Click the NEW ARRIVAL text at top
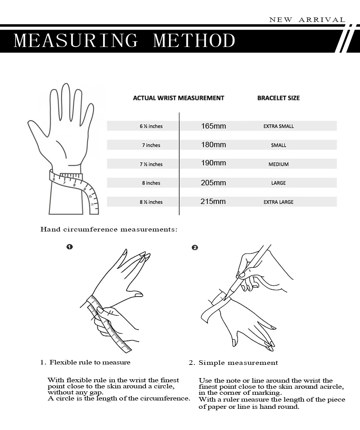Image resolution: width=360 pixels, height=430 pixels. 307,20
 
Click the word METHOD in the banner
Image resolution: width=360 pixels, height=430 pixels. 194,41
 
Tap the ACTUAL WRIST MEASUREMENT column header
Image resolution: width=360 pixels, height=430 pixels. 178,98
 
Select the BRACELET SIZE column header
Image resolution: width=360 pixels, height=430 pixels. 278,98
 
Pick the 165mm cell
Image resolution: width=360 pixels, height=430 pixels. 213,126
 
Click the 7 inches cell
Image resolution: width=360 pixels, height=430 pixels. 151,145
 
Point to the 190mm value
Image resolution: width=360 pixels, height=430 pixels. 213,163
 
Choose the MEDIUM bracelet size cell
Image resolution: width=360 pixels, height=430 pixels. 279,164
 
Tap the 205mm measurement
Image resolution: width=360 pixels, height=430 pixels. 213,183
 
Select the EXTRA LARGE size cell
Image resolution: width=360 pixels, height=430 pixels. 279,202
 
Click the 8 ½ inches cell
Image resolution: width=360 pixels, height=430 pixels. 151,202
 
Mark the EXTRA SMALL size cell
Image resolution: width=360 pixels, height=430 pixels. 279,126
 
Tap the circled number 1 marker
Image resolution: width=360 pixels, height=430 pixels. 69,247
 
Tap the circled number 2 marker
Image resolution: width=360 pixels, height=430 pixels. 195,248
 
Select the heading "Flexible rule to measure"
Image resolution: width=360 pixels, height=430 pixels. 90,362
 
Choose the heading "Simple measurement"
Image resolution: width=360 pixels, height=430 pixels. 238,363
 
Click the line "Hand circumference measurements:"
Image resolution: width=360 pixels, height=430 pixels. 109,229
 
